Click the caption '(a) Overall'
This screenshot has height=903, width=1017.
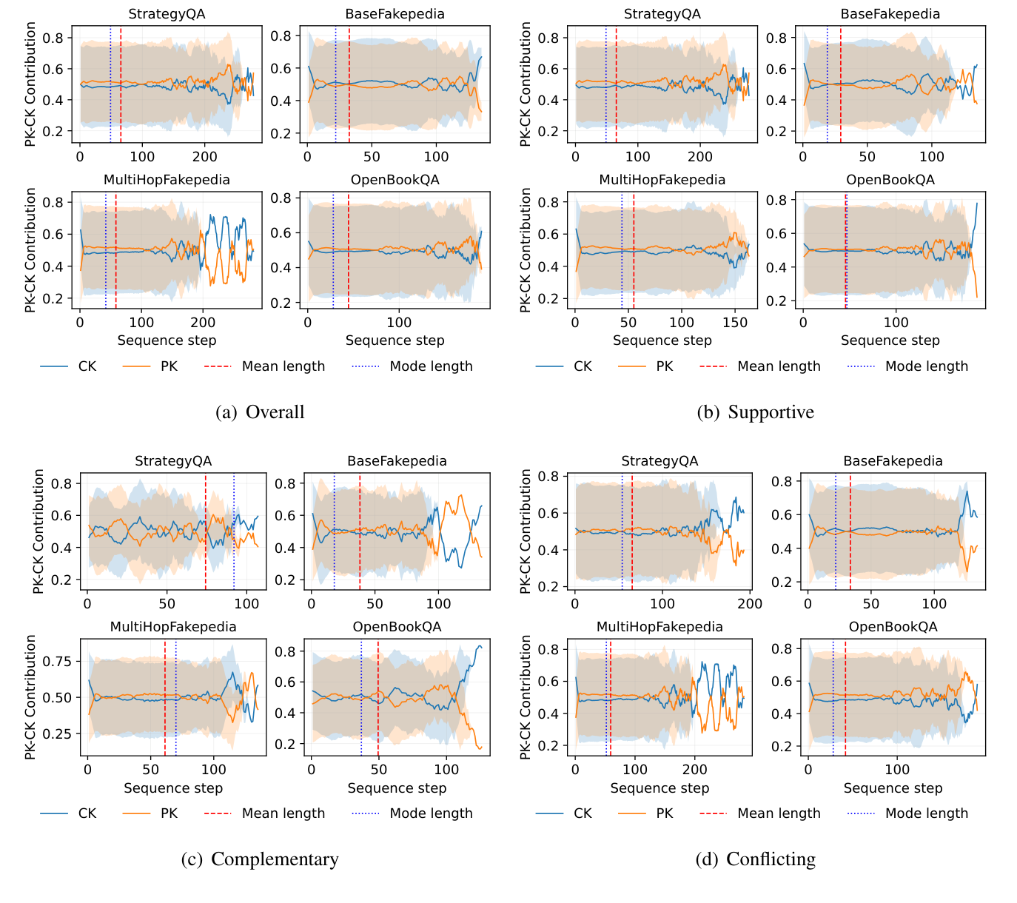pyautogui.click(x=260, y=412)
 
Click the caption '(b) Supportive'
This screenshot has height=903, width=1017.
pyautogui.click(x=755, y=412)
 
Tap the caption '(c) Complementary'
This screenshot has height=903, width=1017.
pyautogui.click(x=260, y=859)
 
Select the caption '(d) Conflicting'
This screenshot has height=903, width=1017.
pyautogui.click(x=755, y=859)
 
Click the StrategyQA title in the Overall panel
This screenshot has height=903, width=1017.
pyautogui.click(x=167, y=14)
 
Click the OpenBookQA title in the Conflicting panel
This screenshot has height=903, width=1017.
pyautogui.click(x=893, y=627)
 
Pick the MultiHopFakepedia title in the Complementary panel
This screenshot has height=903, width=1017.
pyautogui.click(x=173, y=627)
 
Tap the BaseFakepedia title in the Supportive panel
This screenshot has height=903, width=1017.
pyautogui.click(x=890, y=14)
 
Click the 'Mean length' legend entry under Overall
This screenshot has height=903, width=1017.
pyautogui.click(x=283, y=366)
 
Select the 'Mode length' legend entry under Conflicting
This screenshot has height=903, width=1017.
pyautogui.click(x=926, y=813)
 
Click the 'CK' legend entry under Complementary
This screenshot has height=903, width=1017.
pyautogui.click(x=87, y=813)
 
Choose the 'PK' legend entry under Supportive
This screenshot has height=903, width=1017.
pyautogui.click(x=664, y=366)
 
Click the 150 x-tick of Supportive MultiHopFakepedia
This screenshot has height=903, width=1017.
pyautogui.click(x=735, y=323)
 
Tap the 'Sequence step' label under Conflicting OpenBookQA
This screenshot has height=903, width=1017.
pyautogui.click(x=893, y=788)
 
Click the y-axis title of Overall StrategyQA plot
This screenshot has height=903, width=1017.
pyautogui.click(x=30, y=84)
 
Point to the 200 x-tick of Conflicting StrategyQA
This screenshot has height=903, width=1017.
pyautogui.click(x=751, y=603)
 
